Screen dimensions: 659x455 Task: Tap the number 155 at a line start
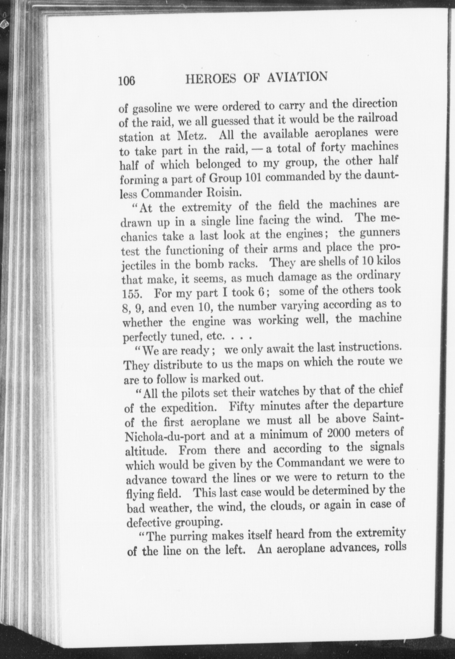click(x=132, y=293)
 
